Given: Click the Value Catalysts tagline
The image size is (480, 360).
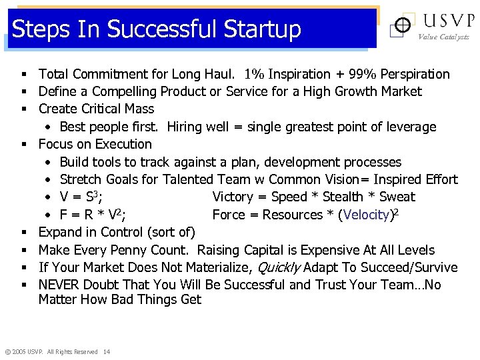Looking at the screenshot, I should coord(443,37).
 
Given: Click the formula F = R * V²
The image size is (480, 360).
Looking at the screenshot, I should coord(85,215).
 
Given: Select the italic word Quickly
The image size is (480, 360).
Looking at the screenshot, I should coord(274,267).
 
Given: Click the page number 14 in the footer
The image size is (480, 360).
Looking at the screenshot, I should coord(107,351).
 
